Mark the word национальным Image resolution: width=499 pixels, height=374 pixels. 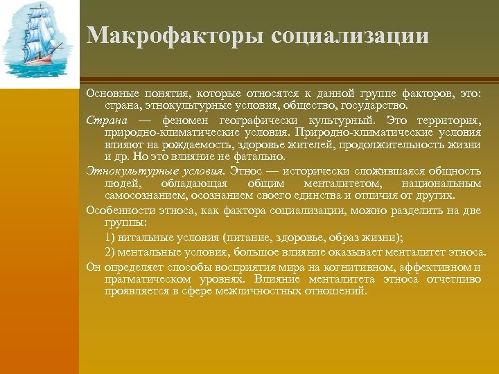441,184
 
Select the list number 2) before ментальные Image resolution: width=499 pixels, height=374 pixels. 110,251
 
